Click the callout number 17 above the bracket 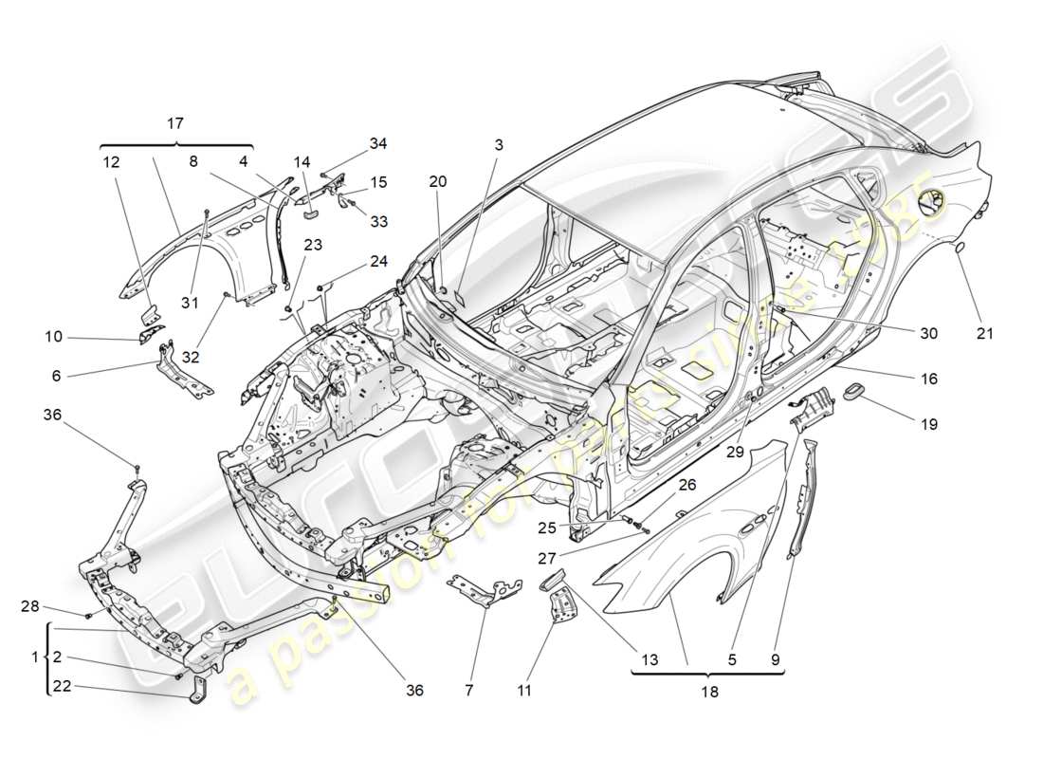(x=175, y=123)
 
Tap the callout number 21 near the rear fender (x=986, y=333)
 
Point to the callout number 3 (x=498, y=145)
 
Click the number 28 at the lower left (x=30, y=606)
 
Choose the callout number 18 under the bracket (x=707, y=693)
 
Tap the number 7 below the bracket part (x=467, y=691)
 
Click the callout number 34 (x=378, y=143)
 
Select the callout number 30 (x=928, y=333)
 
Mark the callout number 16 (x=928, y=379)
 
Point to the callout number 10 (x=53, y=336)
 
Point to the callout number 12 (x=113, y=162)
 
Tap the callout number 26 (x=687, y=485)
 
